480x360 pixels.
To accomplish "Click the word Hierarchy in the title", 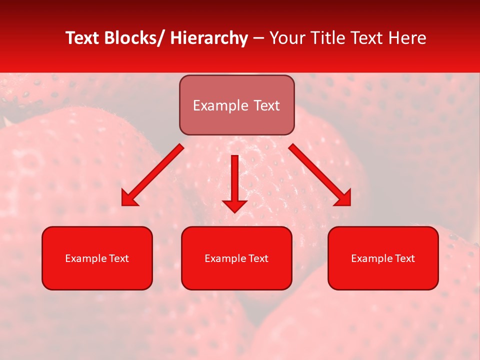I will [209, 38].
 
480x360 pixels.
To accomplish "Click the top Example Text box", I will [236, 105].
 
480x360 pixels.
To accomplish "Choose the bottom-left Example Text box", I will [97, 258].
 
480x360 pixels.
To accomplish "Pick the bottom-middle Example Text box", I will [236, 258].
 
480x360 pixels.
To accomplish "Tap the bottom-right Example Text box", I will [383, 258].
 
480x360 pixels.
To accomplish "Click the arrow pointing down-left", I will [153, 175].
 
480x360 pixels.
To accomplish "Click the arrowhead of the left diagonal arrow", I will [129, 198].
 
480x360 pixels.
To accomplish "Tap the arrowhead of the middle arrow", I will [234, 205].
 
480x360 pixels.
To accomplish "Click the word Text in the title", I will [366, 38].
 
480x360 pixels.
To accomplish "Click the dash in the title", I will [258, 38].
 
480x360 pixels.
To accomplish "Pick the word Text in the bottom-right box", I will [404, 258].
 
